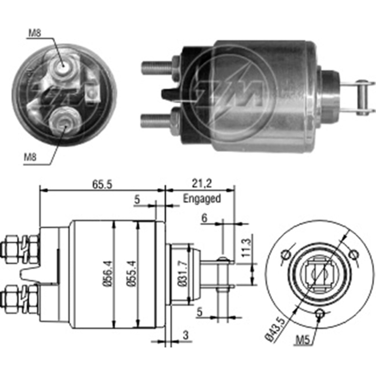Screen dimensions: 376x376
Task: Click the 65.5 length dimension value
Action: coord(102,184)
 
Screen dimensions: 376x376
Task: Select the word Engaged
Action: coord(202,199)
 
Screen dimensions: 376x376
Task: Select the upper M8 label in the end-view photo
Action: coord(34,33)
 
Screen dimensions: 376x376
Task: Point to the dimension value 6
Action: coord(204,218)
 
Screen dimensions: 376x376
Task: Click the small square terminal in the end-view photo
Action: coord(92,92)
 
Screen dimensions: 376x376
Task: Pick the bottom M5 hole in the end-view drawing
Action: coord(320,312)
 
